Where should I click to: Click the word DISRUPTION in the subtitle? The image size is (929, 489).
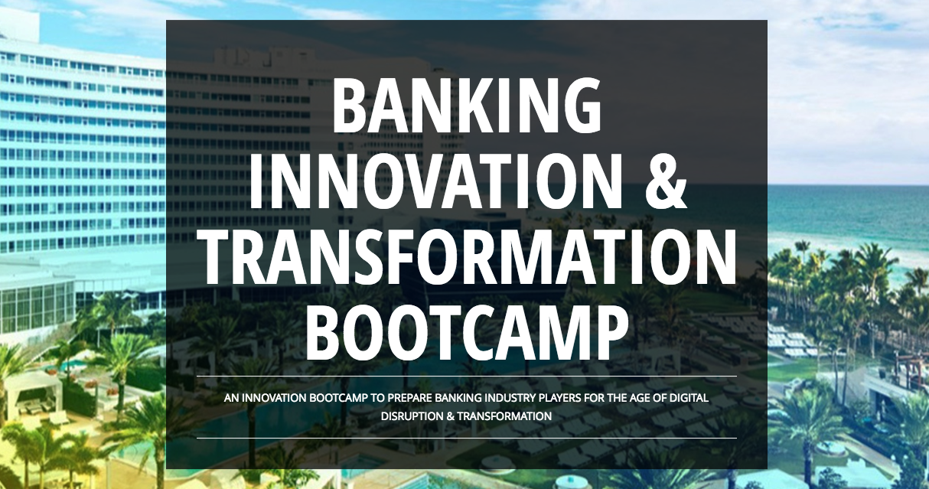click(x=410, y=416)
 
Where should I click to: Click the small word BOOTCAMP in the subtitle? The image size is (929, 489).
click(x=331, y=399)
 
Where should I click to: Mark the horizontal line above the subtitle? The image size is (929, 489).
click(x=467, y=377)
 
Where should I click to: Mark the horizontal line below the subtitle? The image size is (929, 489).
click(x=467, y=438)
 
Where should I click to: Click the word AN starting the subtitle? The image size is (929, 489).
click(x=231, y=399)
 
